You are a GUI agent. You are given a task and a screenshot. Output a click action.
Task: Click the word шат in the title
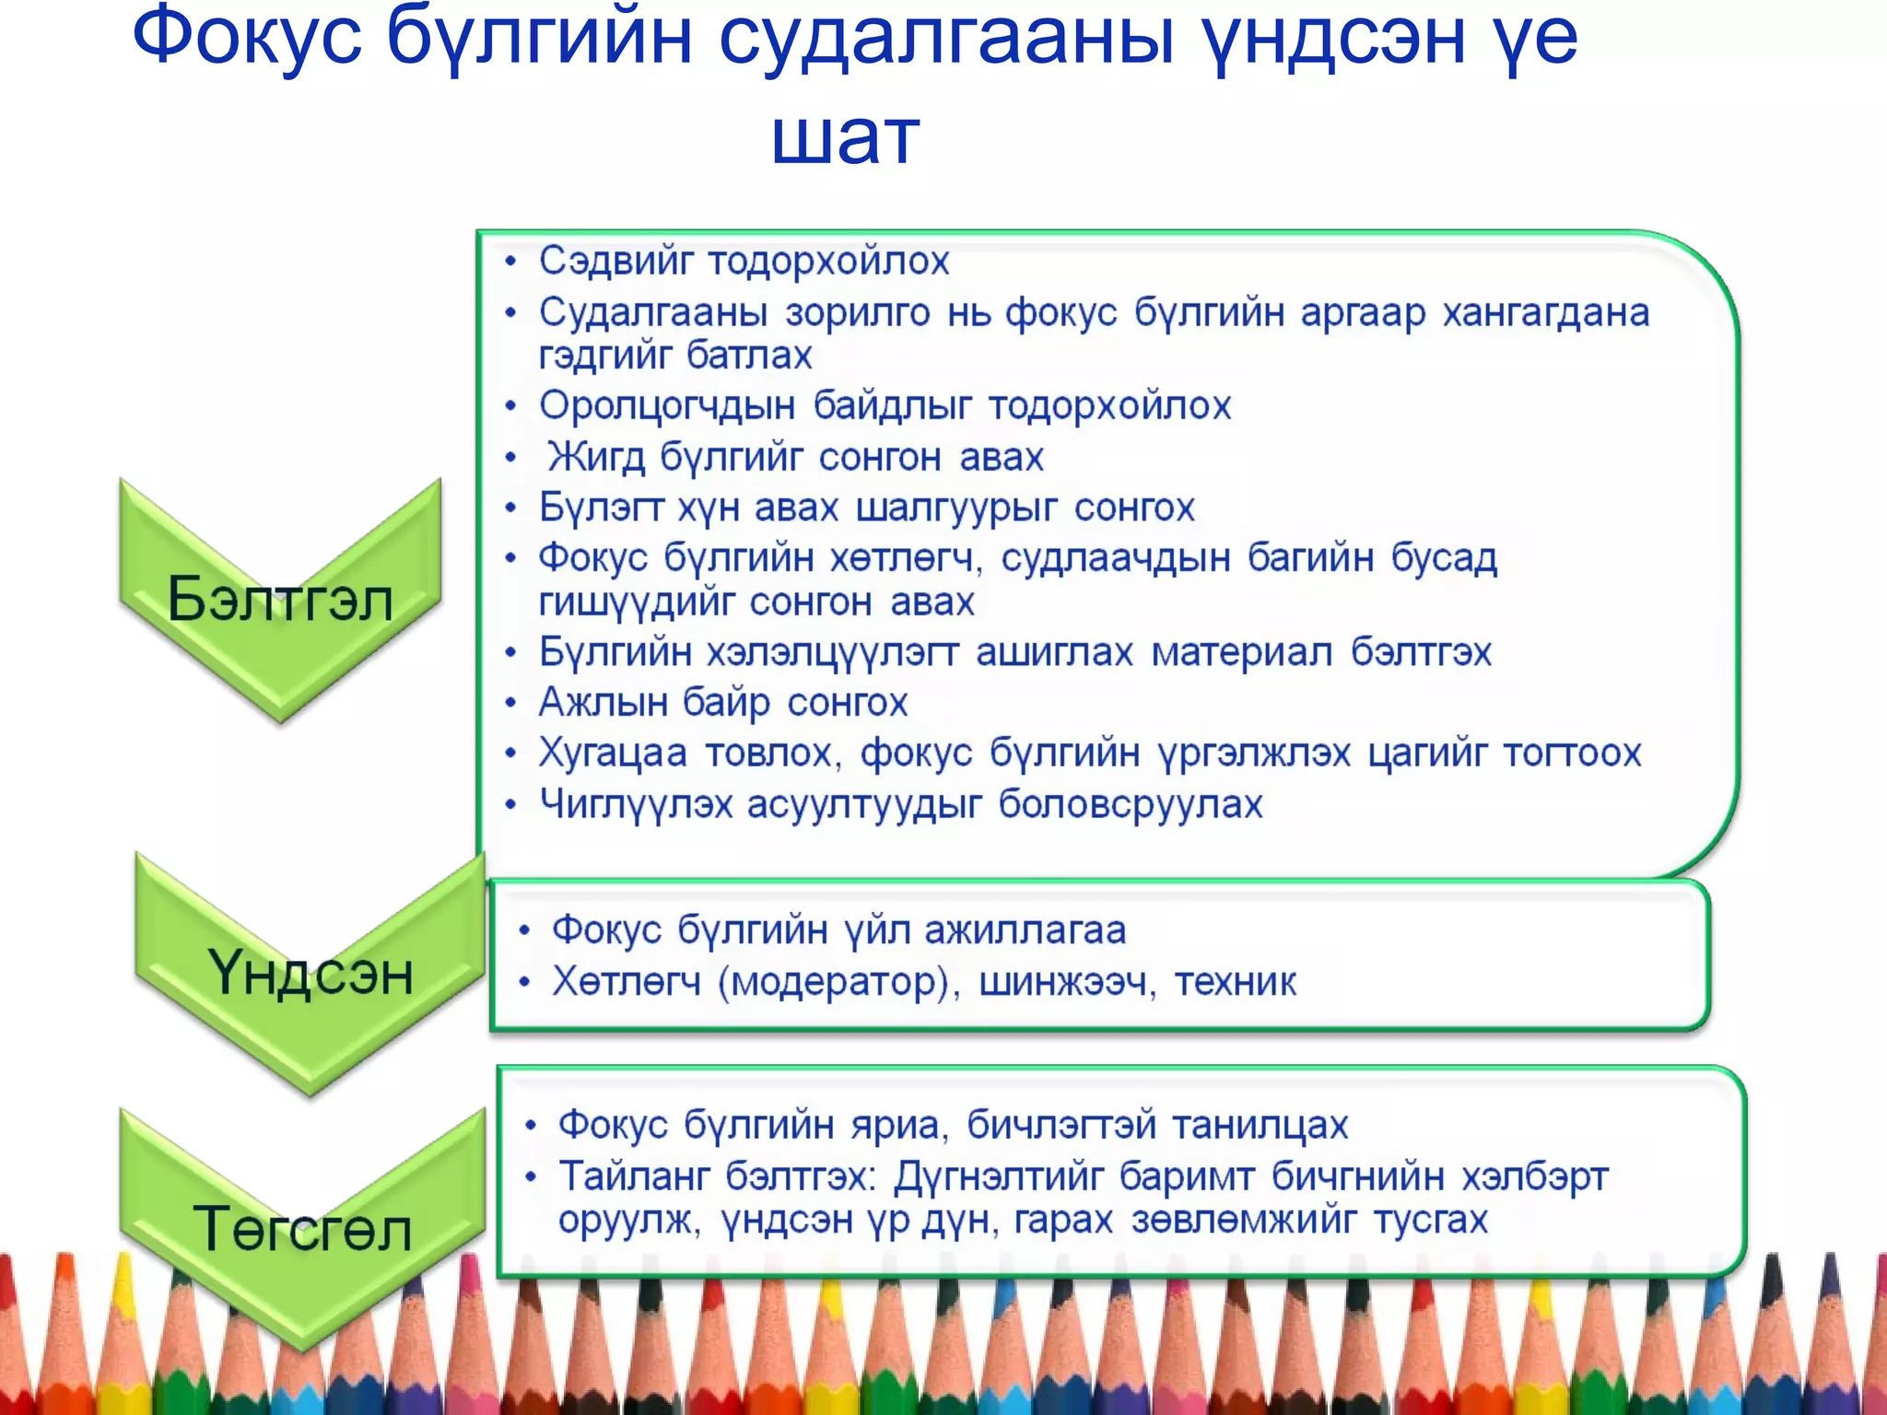pos(845,138)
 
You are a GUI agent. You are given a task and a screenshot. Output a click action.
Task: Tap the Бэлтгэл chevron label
pos(280,599)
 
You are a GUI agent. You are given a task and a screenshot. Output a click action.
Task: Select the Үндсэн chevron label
pos(311,973)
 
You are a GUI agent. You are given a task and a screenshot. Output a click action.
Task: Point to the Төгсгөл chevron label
pos(302,1229)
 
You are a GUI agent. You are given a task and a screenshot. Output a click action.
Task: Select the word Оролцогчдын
pos(666,406)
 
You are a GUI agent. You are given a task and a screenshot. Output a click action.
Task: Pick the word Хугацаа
pos(613,754)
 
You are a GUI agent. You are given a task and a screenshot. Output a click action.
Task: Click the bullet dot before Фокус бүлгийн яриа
pos(530,1126)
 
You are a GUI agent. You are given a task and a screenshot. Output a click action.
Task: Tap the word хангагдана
pos(1545,313)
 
